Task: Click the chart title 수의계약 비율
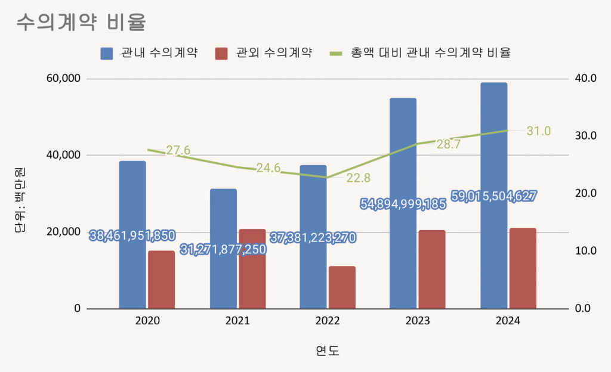tap(82, 22)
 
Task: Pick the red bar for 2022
tap(342, 287)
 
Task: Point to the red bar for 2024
tap(523, 268)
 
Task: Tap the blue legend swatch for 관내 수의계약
tap(107, 53)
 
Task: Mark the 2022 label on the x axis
tap(328, 321)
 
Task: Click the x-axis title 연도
tap(328, 350)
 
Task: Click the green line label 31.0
tap(538, 131)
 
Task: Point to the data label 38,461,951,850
tap(132, 236)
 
